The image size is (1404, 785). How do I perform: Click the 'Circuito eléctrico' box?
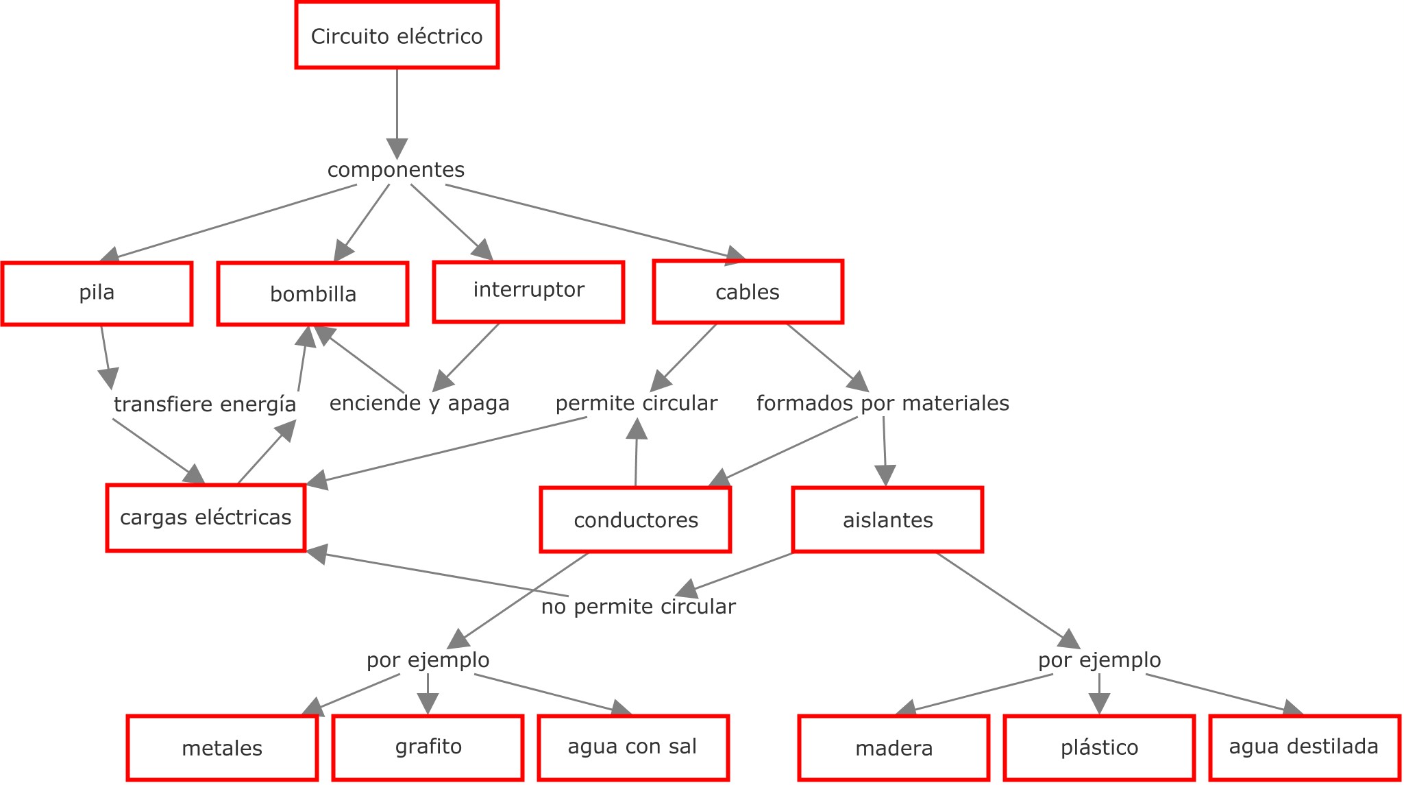[x=397, y=36]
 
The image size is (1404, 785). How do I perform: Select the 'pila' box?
[x=97, y=293]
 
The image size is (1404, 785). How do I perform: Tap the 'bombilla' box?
[x=313, y=294]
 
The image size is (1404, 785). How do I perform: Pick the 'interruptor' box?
[x=528, y=291]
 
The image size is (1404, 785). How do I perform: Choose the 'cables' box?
[x=748, y=292]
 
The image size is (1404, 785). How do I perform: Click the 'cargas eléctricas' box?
[x=206, y=518]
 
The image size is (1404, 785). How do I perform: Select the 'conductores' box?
[x=635, y=520]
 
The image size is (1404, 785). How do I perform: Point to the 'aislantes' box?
[x=887, y=520]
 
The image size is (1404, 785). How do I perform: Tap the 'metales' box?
[x=222, y=748]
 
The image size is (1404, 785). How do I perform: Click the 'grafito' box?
[x=428, y=747]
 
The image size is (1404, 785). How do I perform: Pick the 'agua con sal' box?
[x=632, y=747]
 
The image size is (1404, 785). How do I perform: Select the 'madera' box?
[x=894, y=748]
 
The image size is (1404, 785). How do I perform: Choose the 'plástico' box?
[x=1099, y=747]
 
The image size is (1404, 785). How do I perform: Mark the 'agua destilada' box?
[x=1304, y=747]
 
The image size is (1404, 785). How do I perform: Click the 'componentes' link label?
[x=396, y=170]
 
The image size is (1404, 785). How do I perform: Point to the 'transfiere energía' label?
[x=205, y=404]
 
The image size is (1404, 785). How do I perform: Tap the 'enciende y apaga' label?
[x=419, y=403]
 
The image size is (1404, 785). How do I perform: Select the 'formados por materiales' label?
[x=883, y=403]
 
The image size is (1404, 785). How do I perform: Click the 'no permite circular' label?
[x=638, y=607]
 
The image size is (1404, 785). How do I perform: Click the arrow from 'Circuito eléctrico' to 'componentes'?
[x=397, y=110]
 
